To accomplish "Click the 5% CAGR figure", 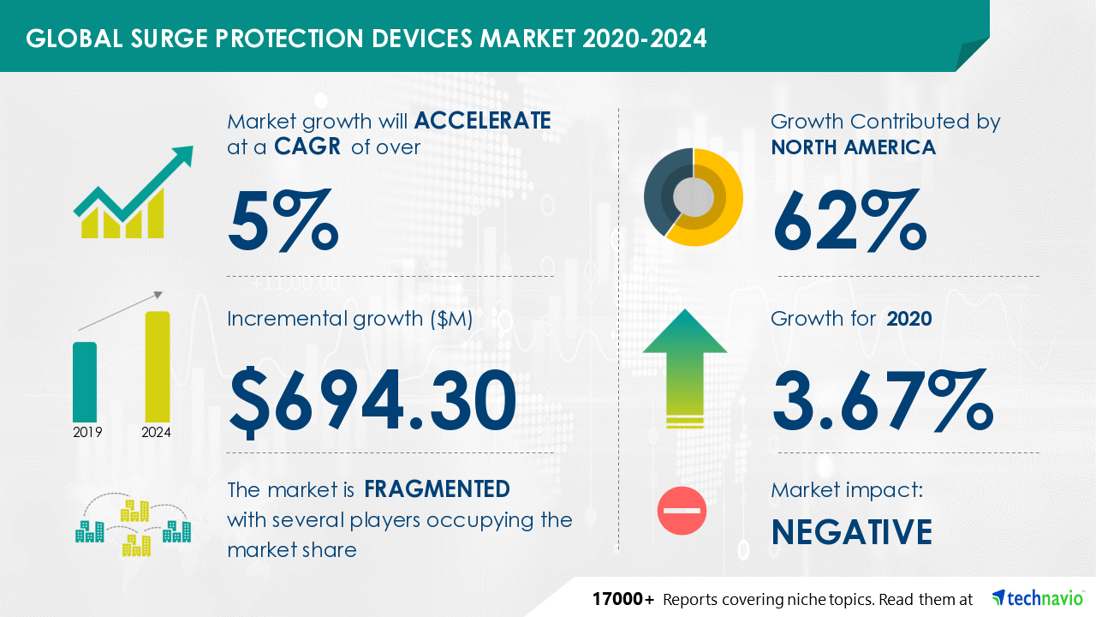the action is coord(283,220).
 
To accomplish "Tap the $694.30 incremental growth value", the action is coord(372,402).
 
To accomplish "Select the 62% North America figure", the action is coord(850,220).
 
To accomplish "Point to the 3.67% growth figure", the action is coord(883,400).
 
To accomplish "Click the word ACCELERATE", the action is coord(482,121).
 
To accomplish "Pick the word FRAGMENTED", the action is coord(437,489).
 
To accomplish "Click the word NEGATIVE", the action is coord(852,532).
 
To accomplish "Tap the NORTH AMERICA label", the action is coord(854,147).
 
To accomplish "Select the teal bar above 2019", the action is coord(85,382).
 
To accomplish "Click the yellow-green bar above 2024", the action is coord(158,367).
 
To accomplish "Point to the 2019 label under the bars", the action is coord(87,433).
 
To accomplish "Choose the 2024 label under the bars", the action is coord(156,433).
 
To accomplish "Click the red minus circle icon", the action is coord(682,511).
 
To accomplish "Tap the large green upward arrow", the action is coord(685,368).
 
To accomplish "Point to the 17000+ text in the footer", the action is coord(622,599).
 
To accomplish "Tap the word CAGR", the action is coord(307,147).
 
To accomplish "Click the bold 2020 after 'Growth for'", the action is coord(909,319).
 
